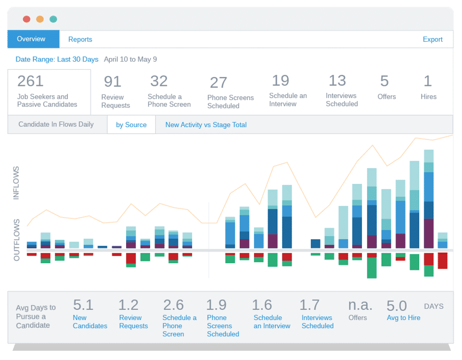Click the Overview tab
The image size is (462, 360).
[31, 39]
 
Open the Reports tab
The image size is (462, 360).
[80, 39]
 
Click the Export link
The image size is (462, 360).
[432, 39]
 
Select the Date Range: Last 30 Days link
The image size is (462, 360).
[57, 60]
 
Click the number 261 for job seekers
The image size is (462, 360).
[30, 81]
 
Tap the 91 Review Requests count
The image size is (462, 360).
[112, 81]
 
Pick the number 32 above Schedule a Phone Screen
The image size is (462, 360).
[159, 81]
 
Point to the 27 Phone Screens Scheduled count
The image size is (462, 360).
[218, 82]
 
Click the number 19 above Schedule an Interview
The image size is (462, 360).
[281, 80]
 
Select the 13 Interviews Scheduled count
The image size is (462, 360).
[337, 80]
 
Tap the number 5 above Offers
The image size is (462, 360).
[384, 81]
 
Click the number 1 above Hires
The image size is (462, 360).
[427, 81]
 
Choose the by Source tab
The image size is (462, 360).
[131, 125]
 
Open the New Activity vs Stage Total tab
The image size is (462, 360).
[206, 125]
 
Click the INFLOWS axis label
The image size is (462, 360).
[17, 183]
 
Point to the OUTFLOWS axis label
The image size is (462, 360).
[17, 240]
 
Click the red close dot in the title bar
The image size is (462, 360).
[26, 19]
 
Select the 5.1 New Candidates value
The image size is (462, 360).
[83, 305]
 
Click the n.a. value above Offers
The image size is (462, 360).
[360, 305]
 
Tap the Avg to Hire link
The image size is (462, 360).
[403, 318]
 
